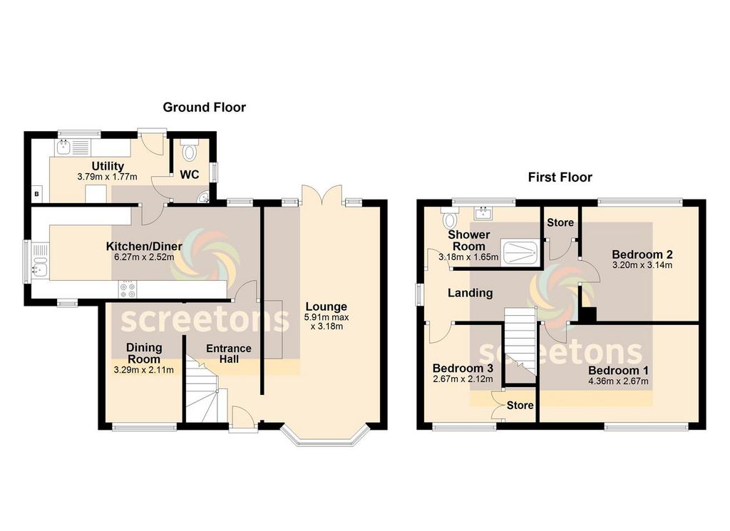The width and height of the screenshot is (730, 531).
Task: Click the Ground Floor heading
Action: (x=204, y=108)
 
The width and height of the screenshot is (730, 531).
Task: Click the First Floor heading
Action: (x=560, y=177)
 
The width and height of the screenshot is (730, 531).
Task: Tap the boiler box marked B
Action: (x=36, y=194)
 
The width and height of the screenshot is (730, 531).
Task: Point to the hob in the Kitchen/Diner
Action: (x=128, y=289)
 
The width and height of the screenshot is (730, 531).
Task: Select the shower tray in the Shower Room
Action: (x=520, y=254)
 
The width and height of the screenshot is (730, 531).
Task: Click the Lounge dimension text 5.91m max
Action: (x=327, y=317)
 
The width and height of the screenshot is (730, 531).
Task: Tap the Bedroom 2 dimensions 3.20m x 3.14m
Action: (x=642, y=265)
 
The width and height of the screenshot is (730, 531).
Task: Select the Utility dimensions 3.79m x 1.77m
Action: (x=108, y=177)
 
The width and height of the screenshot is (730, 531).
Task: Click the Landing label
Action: (x=471, y=293)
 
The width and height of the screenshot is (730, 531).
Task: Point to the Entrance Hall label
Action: (x=229, y=354)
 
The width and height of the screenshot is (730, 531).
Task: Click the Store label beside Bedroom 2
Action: (x=560, y=222)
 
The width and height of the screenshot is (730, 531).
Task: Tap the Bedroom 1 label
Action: (x=618, y=371)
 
